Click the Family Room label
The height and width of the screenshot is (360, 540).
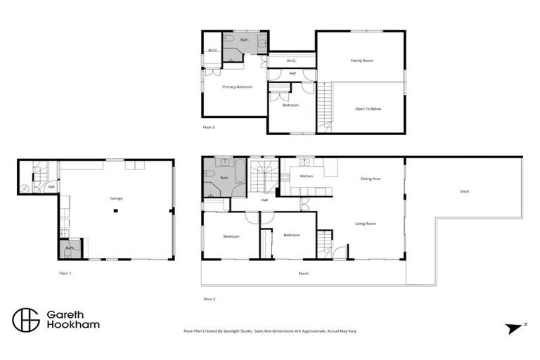click(x=361, y=61)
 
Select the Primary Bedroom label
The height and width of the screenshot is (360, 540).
click(x=237, y=87)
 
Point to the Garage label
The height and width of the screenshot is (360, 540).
click(x=116, y=198)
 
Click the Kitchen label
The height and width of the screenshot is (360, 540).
click(x=307, y=176)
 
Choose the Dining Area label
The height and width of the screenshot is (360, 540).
click(x=371, y=179)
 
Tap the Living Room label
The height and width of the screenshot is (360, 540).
click(x=365, y=224)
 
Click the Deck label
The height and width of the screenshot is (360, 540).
click(x=464, y=191)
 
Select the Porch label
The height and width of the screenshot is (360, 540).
click(x=303, y=274)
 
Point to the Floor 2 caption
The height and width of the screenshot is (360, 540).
click(x=209, y=300)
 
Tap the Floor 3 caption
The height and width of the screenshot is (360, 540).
click(x=209, y=127)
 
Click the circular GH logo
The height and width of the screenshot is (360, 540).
click(x=25, y=319)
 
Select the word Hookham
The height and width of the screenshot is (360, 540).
click(x=72, y=325)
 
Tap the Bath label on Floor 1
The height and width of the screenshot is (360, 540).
click(x=69, y=247)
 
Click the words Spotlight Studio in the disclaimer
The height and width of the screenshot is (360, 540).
click(x=254, y=330)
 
